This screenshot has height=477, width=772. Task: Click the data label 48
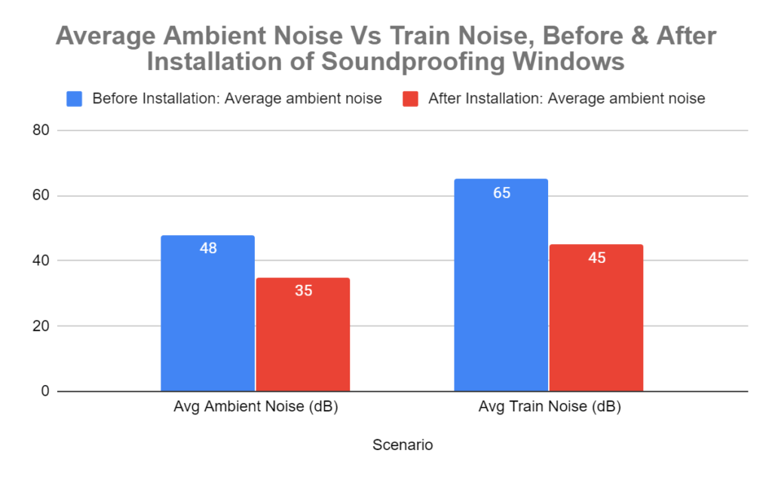[208, 248]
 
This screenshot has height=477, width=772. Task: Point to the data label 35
[303, 290]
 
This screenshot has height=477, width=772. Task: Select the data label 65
[501, 193]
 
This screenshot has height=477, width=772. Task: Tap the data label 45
[596, 258]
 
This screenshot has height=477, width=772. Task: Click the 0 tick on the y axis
[44, 391]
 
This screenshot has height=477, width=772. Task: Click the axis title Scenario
[403, 445]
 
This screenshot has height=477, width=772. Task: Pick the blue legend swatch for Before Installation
[75, 99]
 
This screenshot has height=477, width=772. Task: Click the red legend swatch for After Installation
[410, 99]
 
